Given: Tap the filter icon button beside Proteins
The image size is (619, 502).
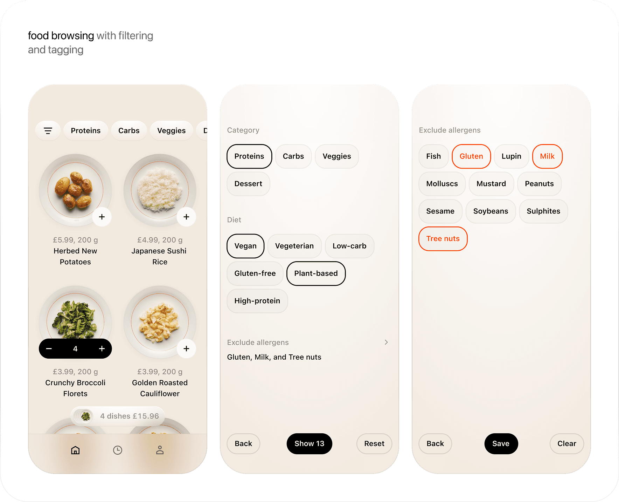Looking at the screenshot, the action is coord(48,131).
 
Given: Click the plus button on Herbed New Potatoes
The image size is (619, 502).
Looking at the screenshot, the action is coord(102,217).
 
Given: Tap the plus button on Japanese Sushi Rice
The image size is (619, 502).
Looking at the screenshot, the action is coord(186,217).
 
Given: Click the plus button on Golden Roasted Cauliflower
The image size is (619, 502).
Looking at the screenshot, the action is coord(186,348).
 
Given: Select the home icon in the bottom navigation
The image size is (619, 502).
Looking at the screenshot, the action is coord(75,450).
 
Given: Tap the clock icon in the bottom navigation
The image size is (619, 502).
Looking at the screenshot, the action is coord(118,450).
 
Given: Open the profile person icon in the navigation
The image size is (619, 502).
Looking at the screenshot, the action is coord(160,450).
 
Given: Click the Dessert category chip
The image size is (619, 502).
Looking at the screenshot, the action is coord(248,184).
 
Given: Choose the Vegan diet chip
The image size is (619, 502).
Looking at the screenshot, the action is coord(245,246).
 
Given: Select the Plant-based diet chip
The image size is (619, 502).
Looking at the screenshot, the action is coord(316,273).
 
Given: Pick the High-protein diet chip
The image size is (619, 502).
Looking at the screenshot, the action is coord(257,301).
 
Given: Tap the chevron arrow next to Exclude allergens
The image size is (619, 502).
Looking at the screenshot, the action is coord(386,342).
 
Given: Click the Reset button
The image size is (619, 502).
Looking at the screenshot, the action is coord(374,444).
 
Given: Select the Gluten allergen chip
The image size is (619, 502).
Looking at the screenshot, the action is coord(471,156).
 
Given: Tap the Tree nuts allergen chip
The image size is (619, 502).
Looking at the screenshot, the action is coord(443,239).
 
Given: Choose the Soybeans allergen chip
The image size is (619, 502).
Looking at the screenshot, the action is coord(491,211).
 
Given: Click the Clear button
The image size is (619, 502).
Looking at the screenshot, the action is coord(567,444).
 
